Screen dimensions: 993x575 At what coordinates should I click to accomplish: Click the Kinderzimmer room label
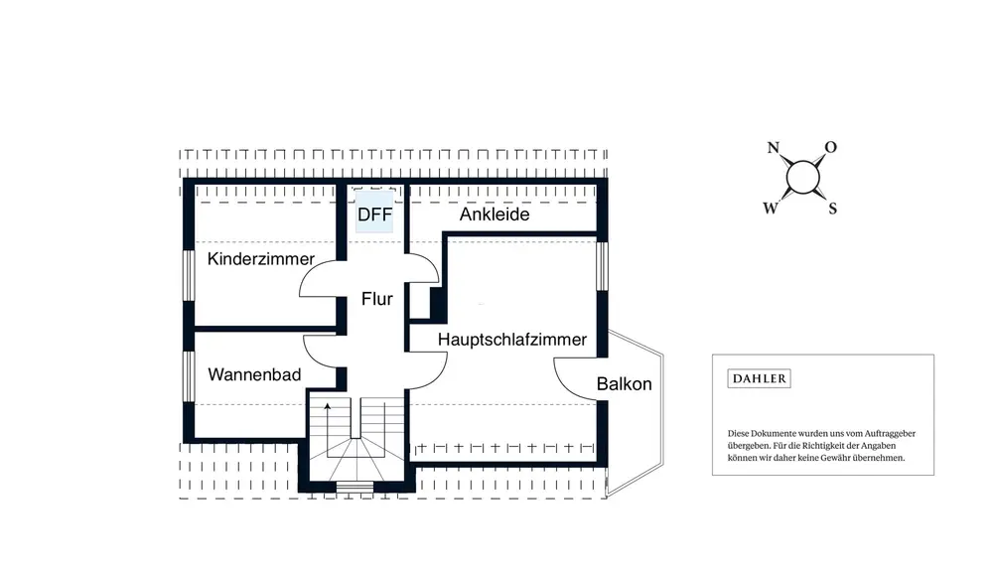pyautogui.click(x=261, y=259)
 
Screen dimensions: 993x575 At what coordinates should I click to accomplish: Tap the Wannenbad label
pyautogui.click(x=254, y=374)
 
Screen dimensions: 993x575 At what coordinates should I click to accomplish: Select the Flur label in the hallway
pyautogui.click(x=376, y=299)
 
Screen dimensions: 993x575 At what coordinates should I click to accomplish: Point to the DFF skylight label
pyautogui.click(x=374, y=215)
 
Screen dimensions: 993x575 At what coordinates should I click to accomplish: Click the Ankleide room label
pyautogui.click(x=495, y=215)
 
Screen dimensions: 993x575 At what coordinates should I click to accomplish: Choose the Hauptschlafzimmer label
pyautogui.click(x=512, y=340)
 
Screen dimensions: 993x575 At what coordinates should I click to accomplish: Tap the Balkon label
pyautogui.click(x=624, y=383)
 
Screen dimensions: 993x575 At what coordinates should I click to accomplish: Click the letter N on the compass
pyautogui.click(x=774, y=148)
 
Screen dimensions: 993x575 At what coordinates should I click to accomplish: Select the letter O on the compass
pyautogui.click(x=830, y=147)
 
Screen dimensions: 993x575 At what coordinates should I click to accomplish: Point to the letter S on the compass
pyautogui.click(x=833, y=208)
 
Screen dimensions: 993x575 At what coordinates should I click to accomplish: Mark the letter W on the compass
pyautogui.click(x=771, y=208)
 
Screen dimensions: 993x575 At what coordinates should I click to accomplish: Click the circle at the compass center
pyautogui.click(x=802, y=177)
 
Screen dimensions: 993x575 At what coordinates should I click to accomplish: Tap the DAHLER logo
pyautogui.click(x=759, y=378)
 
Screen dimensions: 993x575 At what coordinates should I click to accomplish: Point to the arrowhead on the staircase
pyautogui.click(x=328, y=406)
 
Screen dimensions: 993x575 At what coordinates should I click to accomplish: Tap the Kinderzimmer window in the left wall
pyautogui.click(x=189, y=275)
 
